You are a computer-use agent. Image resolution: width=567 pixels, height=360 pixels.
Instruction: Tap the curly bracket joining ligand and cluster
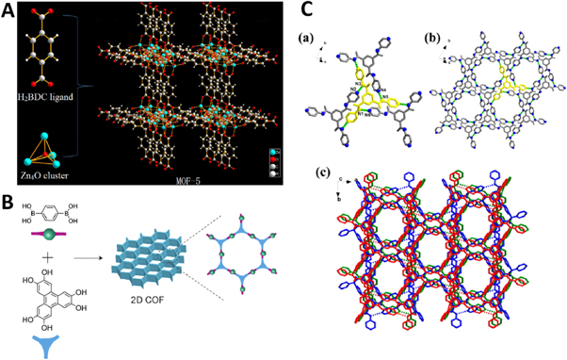click(x=84, y=92)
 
